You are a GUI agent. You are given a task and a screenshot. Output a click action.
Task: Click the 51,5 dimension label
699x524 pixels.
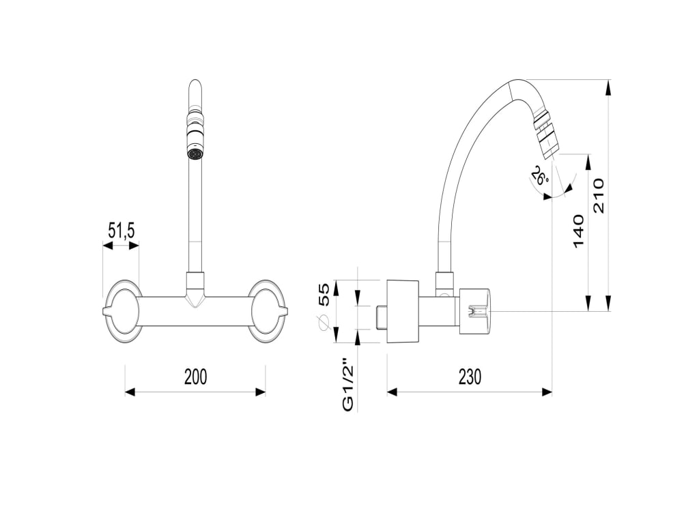[121, 231]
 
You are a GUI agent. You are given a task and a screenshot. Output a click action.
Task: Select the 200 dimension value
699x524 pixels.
[195, 376]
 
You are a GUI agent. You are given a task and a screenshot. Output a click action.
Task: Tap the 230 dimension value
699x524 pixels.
[469, 376]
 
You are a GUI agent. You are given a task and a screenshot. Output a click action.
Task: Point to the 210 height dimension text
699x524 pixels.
[599, 195]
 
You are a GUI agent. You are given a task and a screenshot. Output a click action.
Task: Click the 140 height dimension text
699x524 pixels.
[578, 231]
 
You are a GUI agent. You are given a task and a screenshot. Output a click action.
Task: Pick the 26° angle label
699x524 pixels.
[539, 177]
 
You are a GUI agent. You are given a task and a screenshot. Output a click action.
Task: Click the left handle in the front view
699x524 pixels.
[123, 311]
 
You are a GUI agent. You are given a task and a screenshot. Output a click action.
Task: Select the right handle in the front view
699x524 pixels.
[268, 311]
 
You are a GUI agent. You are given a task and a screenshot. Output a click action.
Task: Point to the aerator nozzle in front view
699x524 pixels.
[195, 154]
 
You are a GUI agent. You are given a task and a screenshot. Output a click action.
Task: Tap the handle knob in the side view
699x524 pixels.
[476, 312]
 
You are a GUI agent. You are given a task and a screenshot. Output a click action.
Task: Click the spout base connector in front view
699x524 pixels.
[195, 287]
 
